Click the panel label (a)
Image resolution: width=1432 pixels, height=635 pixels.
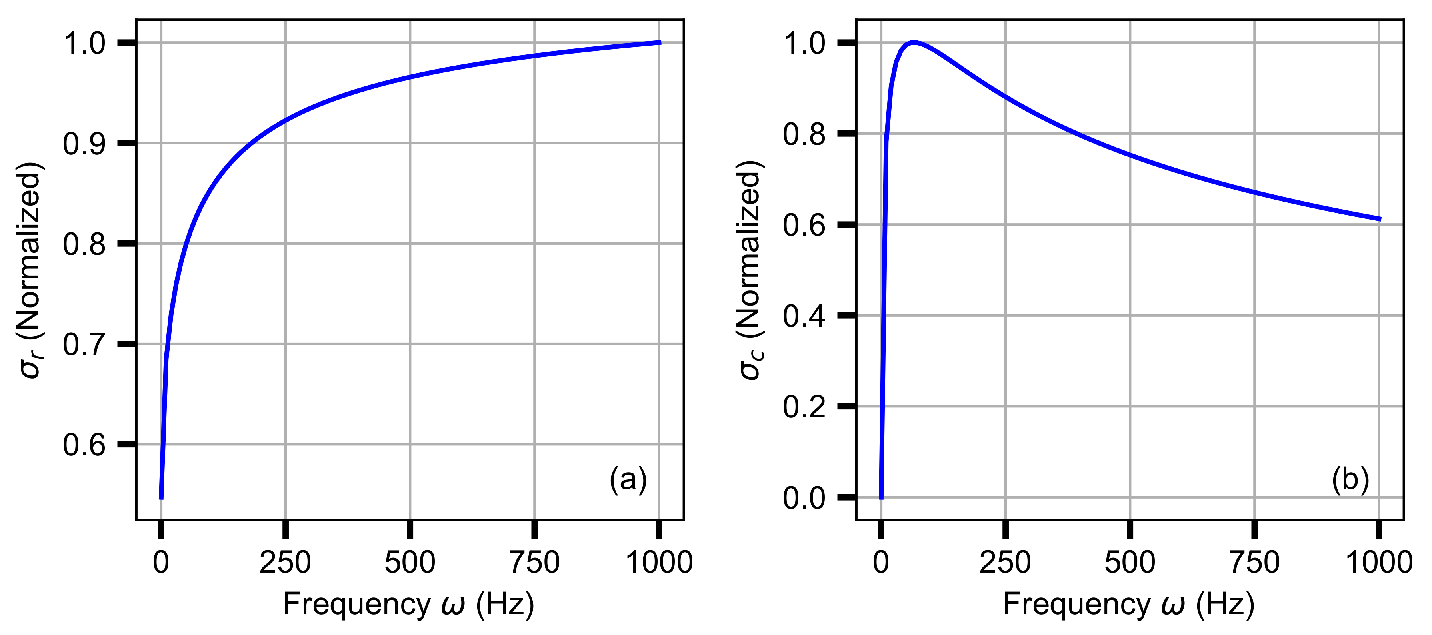click(628, 479)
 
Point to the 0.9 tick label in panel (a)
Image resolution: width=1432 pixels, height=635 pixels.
click(84, 144)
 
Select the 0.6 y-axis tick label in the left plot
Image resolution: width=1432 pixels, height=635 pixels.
click(84, 445)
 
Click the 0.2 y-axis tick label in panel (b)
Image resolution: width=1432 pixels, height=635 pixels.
click(804, 407)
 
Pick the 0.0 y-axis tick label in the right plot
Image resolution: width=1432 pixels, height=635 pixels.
click(804, 498)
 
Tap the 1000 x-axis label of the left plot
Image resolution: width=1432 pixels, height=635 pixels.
click(659, 562)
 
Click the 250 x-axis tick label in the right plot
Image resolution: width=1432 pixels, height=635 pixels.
click(1005, 562)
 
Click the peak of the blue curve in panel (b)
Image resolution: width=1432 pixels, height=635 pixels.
click(913, 42)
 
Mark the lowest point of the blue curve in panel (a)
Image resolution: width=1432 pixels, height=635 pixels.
click(161, 498)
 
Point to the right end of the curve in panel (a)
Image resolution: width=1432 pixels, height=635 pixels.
click(660, 42)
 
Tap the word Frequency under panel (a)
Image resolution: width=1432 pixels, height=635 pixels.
click(356, 605)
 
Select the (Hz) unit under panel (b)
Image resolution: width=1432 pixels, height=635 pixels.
click(1226, 605)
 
